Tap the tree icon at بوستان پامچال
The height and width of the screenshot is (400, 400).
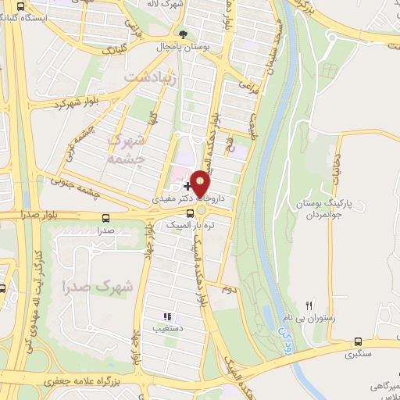point(184,34)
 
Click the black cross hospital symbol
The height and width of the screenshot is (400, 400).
point(187,186)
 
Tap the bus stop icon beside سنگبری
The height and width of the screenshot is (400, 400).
point(358,341)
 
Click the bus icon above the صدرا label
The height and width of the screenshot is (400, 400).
point(105,219)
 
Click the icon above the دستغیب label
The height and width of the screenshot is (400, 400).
point(166,317)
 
